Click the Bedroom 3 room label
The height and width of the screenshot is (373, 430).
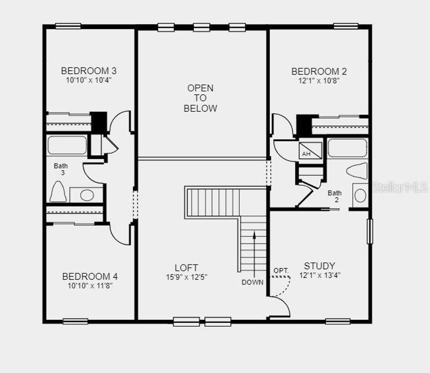(89, 70)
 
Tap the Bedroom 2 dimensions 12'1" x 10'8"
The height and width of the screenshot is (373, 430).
(319, 80)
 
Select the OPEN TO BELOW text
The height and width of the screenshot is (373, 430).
(200, 98)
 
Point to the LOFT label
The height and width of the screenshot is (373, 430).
(186, 267)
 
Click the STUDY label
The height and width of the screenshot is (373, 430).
(320, 266)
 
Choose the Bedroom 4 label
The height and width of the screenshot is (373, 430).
(90, 277)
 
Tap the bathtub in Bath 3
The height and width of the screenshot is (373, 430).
(67, 145)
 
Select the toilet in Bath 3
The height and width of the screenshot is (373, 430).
(58, 192)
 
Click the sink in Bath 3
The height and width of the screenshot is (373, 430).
(87, 195)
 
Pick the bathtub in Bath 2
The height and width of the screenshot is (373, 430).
(347, 148)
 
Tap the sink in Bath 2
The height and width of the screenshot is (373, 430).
(360, 195)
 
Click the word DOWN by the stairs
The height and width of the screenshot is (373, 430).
(252, 282)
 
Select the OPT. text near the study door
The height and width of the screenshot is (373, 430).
(281, 271)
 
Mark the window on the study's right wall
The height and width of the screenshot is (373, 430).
(370, 231)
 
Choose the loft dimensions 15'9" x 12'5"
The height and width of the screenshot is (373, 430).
(186, 277)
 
